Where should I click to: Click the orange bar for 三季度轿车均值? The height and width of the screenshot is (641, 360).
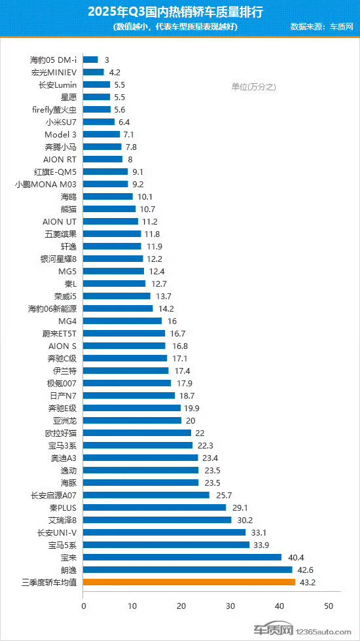tap(189, 581)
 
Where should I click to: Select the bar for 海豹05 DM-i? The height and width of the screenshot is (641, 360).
tap(91, 60)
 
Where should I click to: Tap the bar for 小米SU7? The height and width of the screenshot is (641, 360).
tap(99, 122)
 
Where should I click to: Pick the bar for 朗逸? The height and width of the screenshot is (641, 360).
tap(188, 570)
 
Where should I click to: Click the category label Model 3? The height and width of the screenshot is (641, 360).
tap(60, 134)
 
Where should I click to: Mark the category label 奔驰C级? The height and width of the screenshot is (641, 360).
tap(62, 359)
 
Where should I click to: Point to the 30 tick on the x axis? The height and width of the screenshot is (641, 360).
tap(230, 606)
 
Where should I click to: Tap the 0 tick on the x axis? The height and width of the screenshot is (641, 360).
tap(83, 606)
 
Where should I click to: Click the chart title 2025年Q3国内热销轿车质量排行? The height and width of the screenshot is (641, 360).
tap(175, 12)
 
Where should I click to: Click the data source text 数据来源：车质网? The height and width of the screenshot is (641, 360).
tap(321, 27)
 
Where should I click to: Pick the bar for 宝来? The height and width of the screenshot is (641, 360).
tap(182, 557)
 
